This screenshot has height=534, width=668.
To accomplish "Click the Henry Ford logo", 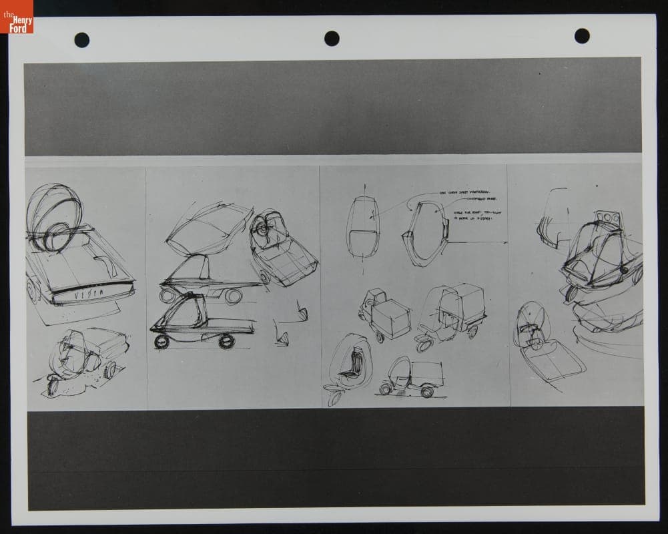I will (17, 17).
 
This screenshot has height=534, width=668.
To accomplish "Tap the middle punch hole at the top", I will (332, 38).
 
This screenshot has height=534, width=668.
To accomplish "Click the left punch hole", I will (82, 39).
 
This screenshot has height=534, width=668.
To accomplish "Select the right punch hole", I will (582, 36).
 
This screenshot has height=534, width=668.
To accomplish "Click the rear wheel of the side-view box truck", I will (427, 392).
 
